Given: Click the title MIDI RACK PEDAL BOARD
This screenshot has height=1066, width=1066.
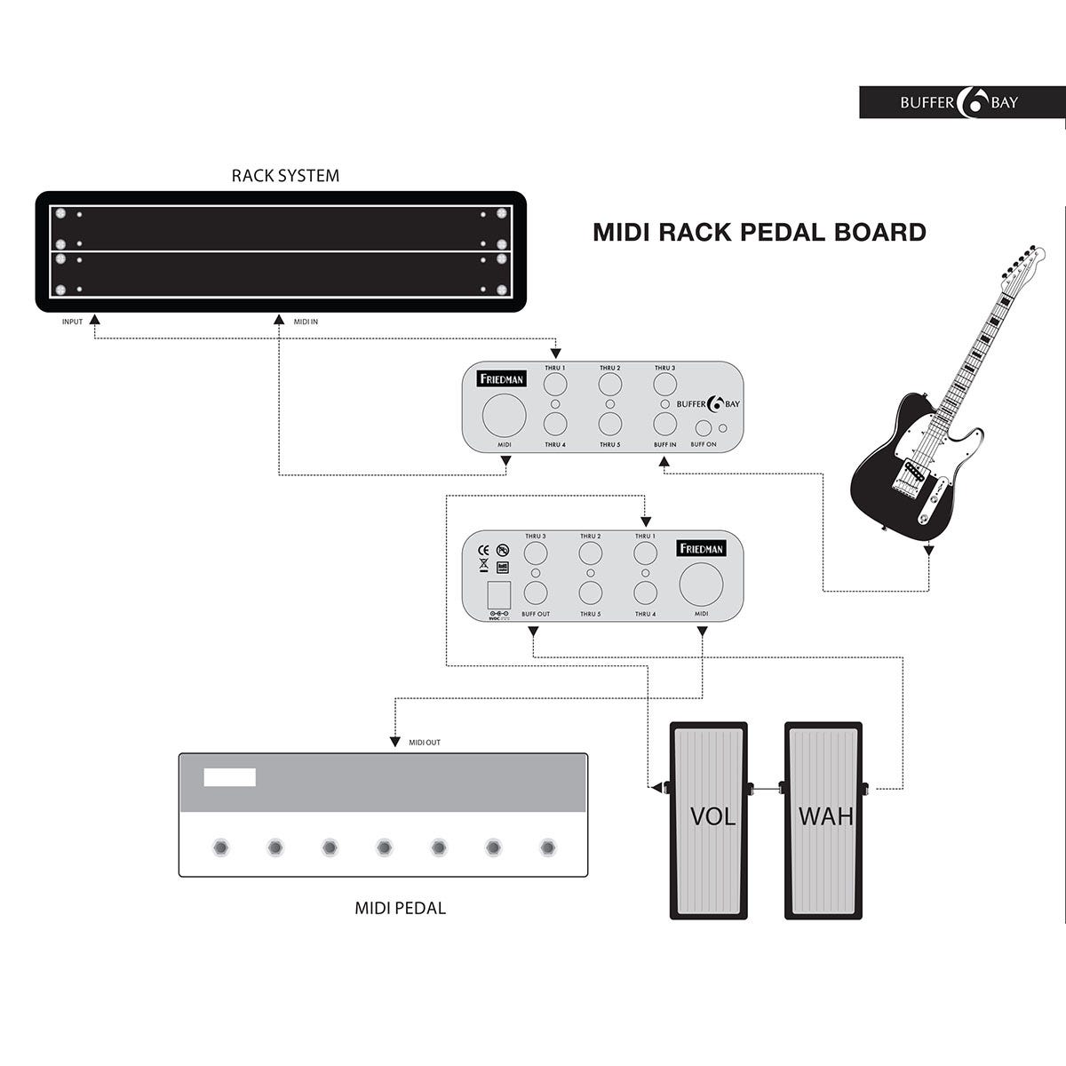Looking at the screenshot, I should click(x=760, y=233).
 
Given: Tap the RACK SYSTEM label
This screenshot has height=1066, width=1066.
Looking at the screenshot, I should click(x=285, y=176).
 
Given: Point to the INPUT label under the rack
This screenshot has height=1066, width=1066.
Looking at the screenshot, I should click(x=72, y=322).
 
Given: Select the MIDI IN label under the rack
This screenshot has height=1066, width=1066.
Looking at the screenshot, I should click(x=306, y=322).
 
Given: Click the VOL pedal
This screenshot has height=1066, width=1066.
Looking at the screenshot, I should click(x=709, y=819).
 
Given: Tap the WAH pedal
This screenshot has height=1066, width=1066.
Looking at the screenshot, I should click(x=823, y=819).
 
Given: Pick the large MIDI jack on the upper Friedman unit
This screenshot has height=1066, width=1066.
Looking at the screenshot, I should click(x=504, y=418).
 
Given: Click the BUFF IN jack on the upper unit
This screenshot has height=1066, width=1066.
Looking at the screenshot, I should click(x=664, y=424).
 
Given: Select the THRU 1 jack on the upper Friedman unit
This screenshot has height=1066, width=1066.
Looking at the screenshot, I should click(x=555, y=385).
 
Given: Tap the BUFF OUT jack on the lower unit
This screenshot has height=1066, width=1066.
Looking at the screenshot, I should click(x=535, y=593).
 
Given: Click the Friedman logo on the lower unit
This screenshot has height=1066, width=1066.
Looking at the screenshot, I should click(x=702, y=548).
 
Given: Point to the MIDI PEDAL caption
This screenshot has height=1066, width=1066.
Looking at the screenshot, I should click(x=400, y=908).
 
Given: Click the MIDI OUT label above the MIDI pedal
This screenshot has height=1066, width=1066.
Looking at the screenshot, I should click(x=424, y=743).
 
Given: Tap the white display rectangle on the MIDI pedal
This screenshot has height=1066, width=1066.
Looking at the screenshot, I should click(x=229, y=777).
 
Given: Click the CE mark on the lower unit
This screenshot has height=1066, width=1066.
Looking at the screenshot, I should click(x=484, y=548).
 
